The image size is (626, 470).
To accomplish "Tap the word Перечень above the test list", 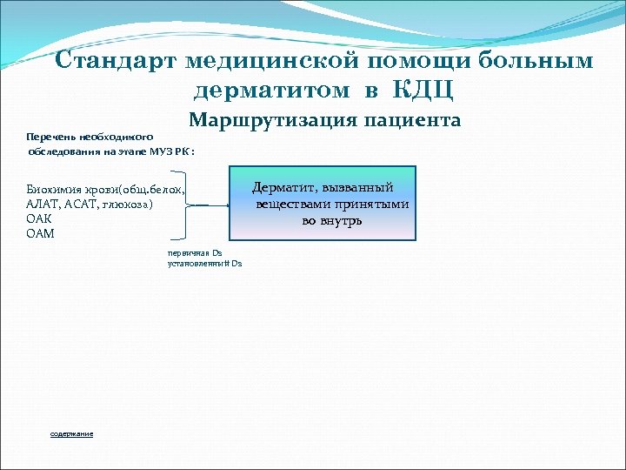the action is pyautogui.click(x=50, y=137).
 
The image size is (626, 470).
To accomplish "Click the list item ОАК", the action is pyautogui.click(x=40, y=218).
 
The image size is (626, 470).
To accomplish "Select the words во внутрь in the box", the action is pyautogui.click(x=332, y=220).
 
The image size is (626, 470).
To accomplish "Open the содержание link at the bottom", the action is pyautogui.click(x=72, y=433).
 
